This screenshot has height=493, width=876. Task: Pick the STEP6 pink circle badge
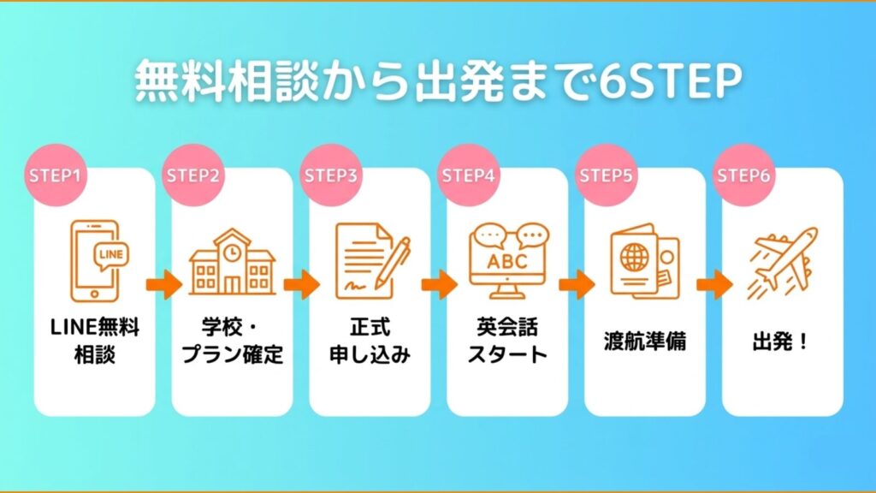(x=743, y=175)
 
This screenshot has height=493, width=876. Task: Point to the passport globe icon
(x=644, y=263)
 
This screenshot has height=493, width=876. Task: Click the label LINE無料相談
(x=95, y=341)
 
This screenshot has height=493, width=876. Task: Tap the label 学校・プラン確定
(x=232, y=341)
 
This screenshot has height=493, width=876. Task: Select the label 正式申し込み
(x=370, y=341)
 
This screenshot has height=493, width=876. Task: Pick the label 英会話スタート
(x=507, y=341)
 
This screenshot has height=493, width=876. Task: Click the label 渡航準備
(x=644, y=342)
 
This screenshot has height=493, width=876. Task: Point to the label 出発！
(x=782, y=342)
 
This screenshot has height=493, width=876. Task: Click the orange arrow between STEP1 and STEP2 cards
(x=163, y=284)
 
